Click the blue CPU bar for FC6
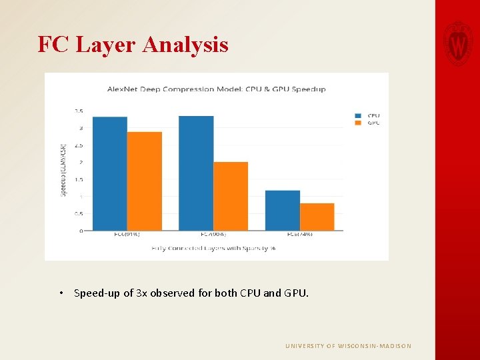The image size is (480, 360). click(x=109, y=174)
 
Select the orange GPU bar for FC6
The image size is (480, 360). click(x=144, y=181)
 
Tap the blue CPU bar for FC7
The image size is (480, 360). click(x=196, y=173)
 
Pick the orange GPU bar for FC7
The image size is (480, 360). click(x=231, y=197)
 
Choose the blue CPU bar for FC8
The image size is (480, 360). click(x=282, y=211)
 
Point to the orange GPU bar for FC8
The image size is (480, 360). click(x=317, y=217)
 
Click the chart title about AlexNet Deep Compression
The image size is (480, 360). click(x=217, y=89)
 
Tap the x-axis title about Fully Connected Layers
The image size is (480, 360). click(x=213, y=248)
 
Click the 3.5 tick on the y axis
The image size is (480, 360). click(x=79, y=111)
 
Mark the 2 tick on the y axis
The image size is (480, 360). click(x=81, y=162)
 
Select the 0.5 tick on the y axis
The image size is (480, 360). click(x=79, y=213)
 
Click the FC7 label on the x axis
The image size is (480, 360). click(x=213, y=234)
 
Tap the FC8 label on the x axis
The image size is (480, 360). click(x=299, y=234)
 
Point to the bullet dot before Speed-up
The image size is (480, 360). click(x=61, y=293)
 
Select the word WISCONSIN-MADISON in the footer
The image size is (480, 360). click(x=376, y=346)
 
